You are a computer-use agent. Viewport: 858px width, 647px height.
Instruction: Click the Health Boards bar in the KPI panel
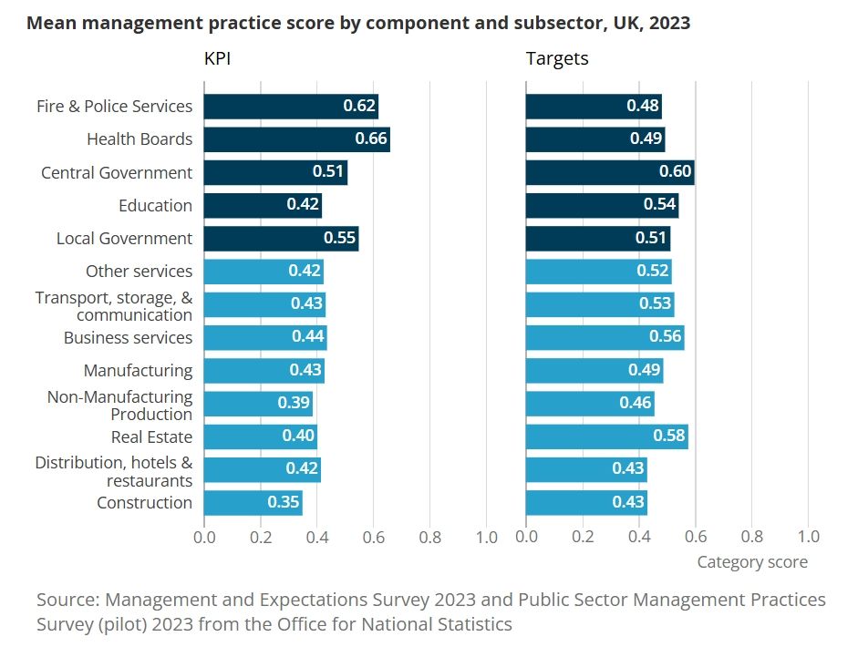(296, 139)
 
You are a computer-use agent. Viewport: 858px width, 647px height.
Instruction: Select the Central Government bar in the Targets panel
(610, 172)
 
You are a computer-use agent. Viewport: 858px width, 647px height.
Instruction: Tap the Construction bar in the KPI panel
(253, 503)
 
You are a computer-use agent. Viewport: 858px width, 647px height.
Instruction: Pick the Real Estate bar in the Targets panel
(606, 436)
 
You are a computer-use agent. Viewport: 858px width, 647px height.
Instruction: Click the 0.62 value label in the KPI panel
(359, 106)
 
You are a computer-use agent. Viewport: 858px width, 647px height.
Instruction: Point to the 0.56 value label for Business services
(667, 337)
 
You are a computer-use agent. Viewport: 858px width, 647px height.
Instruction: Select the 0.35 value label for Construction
(284, 503)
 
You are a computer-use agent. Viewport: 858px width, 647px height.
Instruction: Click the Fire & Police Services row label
(115, 106)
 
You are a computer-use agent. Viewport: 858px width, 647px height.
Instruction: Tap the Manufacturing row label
(138, 370)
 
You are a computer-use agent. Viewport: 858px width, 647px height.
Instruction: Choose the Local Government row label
(124, 239)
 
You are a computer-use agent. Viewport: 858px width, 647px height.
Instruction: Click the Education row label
(155, 205)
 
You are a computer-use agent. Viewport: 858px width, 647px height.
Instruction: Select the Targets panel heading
(557, 59)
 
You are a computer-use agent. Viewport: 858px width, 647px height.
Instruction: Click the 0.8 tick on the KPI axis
(430, 536)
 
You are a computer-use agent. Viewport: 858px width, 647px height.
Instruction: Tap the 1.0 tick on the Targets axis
(808, 536)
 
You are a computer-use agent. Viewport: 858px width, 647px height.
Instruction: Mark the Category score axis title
(752, 562)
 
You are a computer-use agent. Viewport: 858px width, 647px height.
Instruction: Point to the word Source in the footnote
(67, 601)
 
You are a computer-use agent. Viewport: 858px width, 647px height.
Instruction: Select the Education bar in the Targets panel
(602, 205)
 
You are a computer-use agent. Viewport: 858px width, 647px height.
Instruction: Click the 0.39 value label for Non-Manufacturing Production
(293, 404)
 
